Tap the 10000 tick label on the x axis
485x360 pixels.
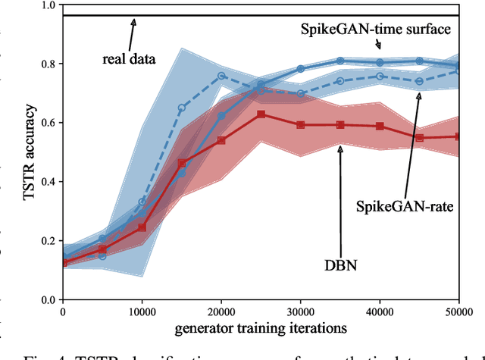point(142,311)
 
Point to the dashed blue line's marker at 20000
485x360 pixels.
point(221,76)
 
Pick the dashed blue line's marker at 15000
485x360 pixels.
point(182,108)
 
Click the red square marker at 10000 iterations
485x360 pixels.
point(142,227)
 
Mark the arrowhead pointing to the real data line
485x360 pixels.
point(134,19)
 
